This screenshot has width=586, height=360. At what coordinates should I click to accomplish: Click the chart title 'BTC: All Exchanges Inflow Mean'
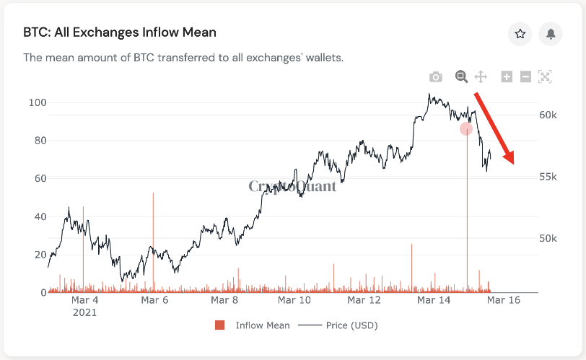120,32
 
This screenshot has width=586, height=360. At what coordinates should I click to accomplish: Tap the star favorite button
520,33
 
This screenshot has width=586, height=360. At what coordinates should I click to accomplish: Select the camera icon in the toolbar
435,76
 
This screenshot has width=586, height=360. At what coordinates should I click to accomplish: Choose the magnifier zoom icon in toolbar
461,76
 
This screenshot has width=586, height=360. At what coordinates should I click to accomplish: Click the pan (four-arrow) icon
481,76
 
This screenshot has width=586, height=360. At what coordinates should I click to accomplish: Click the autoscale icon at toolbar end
545,76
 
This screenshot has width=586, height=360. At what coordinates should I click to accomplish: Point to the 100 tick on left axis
37,102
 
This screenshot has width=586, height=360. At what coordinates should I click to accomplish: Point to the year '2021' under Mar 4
84,313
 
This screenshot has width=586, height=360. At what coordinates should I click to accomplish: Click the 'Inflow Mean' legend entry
263,325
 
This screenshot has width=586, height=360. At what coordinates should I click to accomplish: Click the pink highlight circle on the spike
466,129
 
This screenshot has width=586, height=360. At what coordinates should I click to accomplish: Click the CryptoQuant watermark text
292,186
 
